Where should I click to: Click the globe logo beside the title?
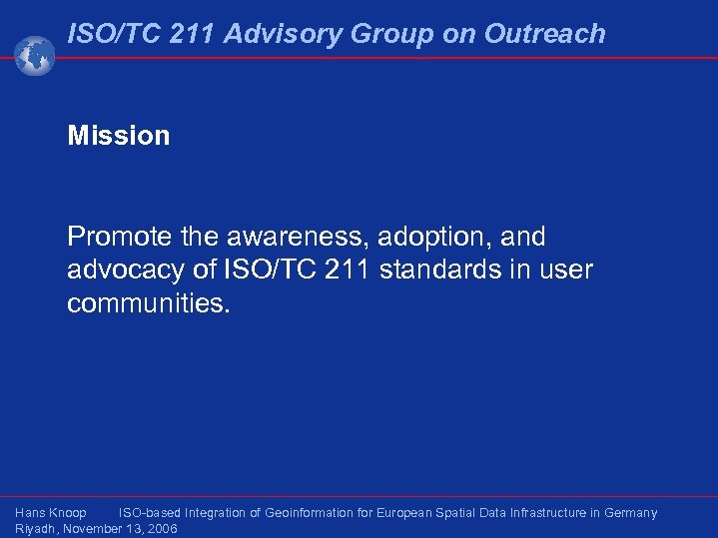(35, 55)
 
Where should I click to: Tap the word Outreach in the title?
(544, 34)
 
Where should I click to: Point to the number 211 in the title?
(190, 34)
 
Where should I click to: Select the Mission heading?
(118, 136)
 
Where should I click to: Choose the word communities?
(148, 303)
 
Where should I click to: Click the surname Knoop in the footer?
(67, 513)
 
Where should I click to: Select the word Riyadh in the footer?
(35, 529)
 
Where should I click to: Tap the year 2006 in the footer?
(161, 529)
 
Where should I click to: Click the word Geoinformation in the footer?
(307, 513)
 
